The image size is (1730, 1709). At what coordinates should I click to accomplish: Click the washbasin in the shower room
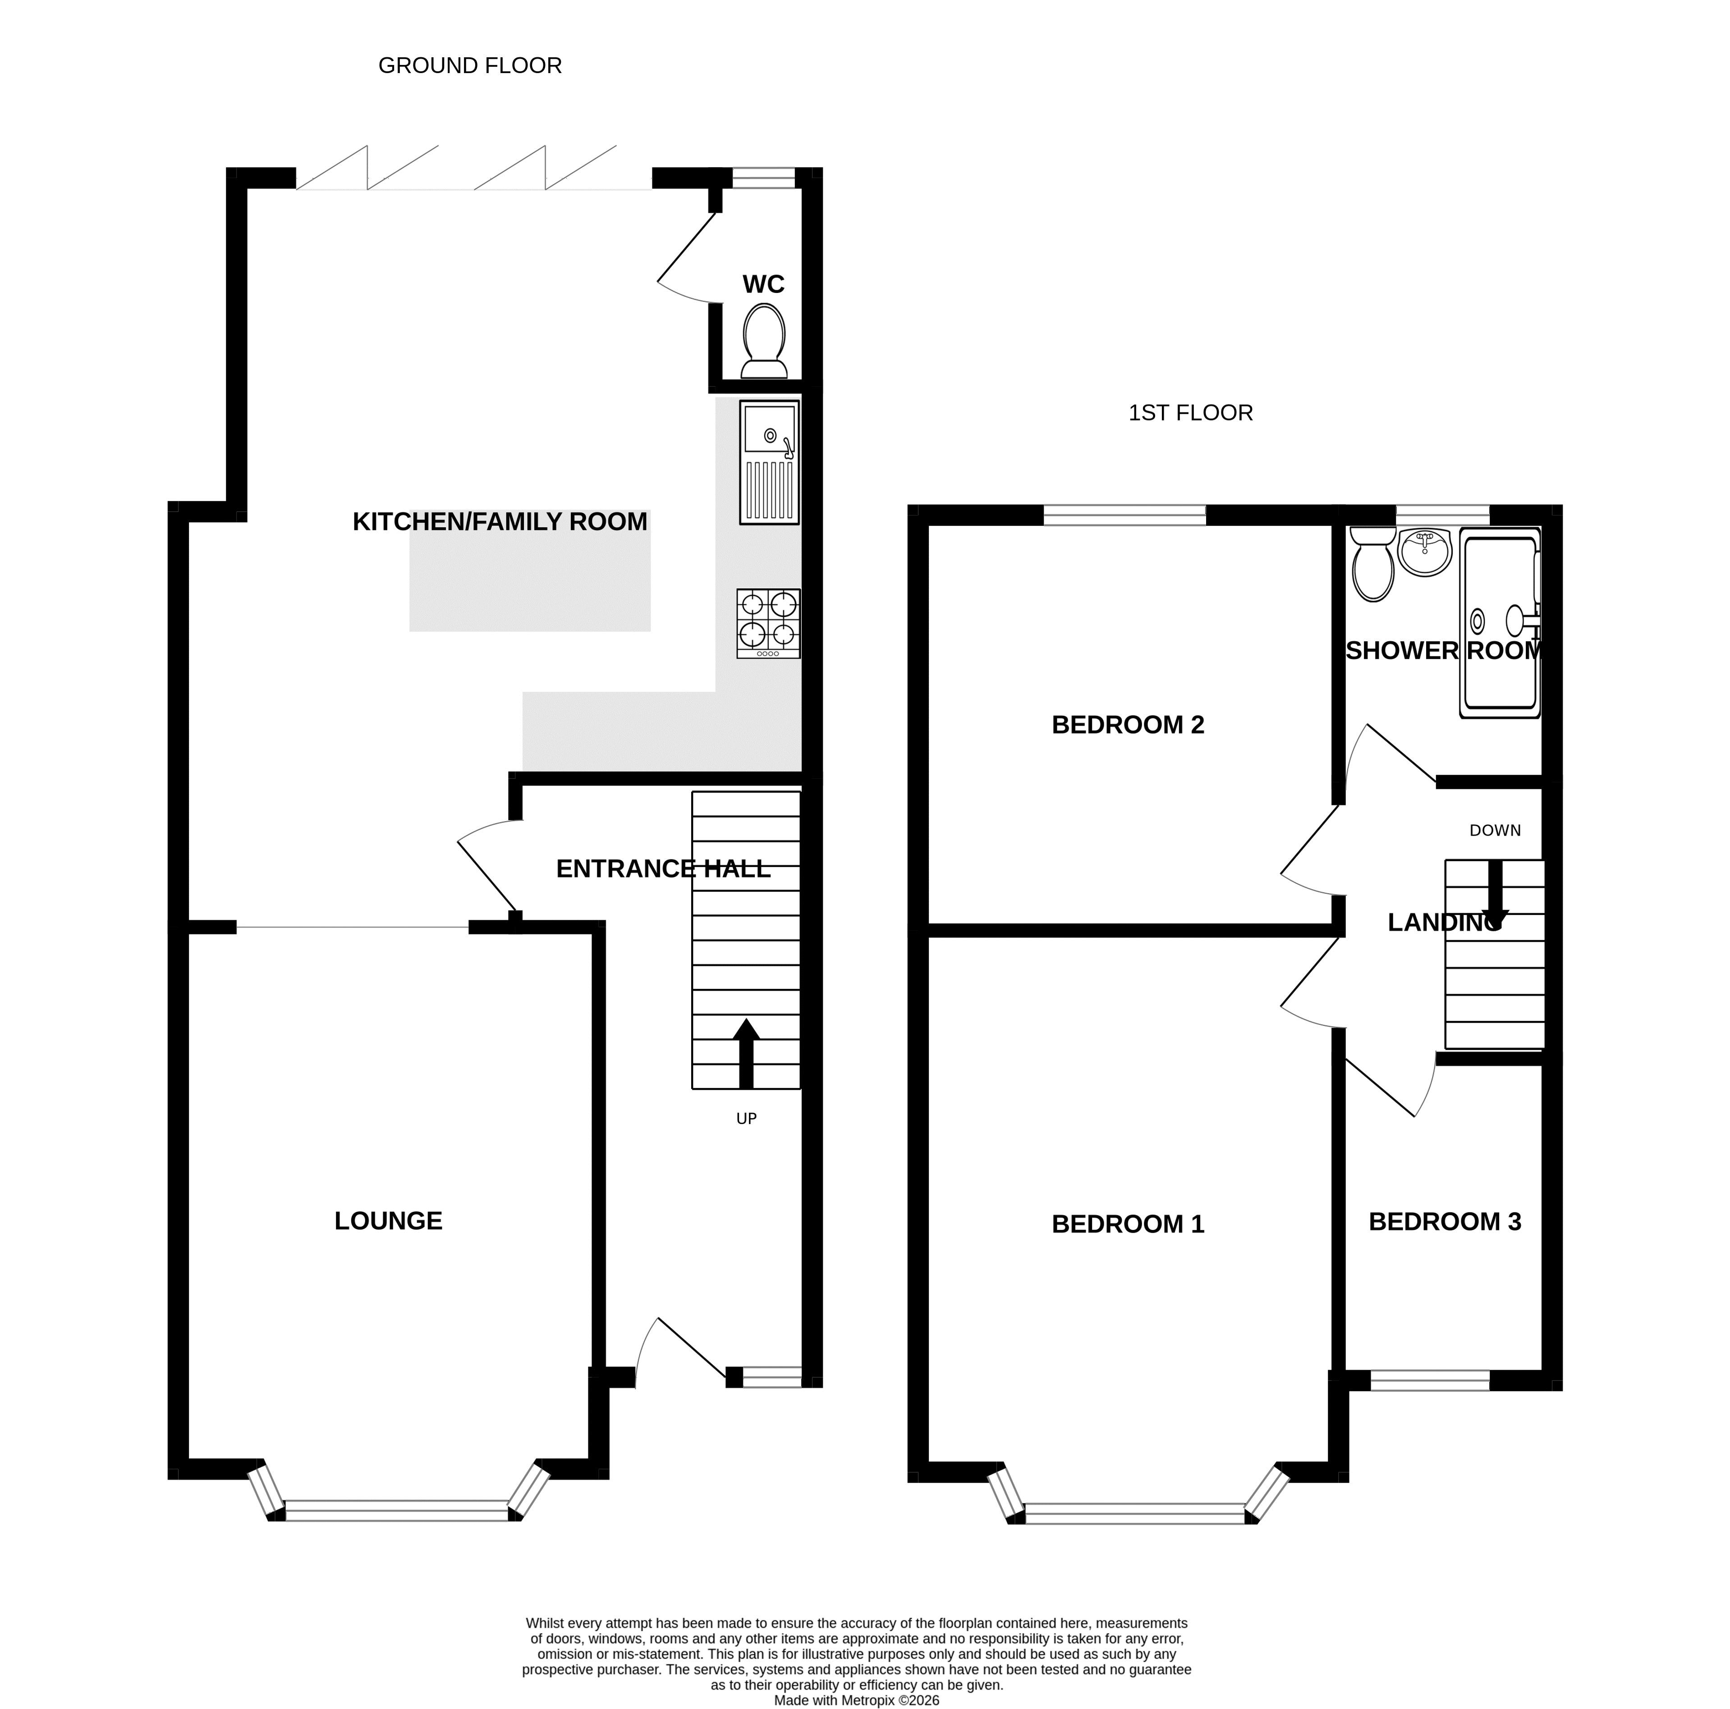click(1424, 552)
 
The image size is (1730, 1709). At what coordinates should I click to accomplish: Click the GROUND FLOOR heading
click(470, 65)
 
